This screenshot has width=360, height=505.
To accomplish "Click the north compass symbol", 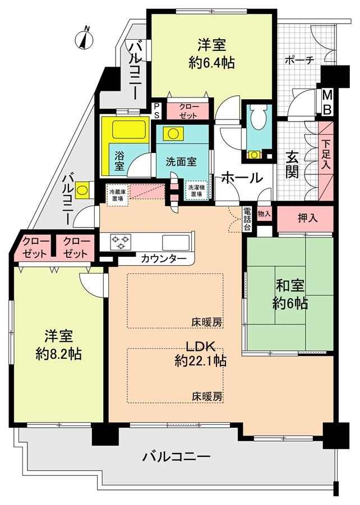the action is tap(84, 39).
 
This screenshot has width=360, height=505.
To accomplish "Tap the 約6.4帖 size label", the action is tap(211, 62).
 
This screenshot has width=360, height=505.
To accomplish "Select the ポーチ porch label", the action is tap(299, 60).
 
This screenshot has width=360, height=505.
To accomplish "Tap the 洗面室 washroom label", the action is tap(181, 161).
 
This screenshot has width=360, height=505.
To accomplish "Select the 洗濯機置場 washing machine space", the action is tap(197, 191).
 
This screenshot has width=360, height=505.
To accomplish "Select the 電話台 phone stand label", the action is tap(247, 219).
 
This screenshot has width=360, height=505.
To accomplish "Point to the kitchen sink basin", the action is tap(176, 242).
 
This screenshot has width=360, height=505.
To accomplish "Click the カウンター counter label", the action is tap(163, 259).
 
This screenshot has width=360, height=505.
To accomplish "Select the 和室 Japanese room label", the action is tap(290, 286).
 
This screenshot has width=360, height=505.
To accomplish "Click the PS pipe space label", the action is tap(156, 110).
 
